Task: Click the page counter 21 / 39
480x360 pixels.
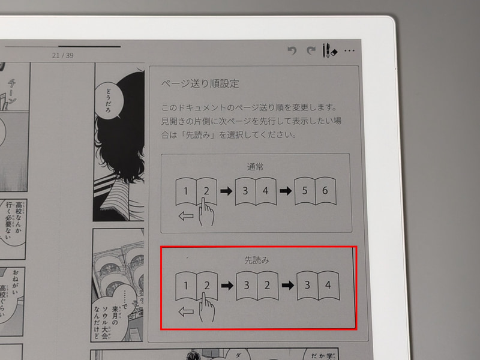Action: point(63,55)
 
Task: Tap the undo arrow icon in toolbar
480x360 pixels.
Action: point(292,51)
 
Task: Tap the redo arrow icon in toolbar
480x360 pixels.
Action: point(310,51)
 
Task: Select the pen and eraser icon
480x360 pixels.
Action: point(329,51)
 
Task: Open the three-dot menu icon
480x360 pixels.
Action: point(350,51)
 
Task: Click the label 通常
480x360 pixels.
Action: point(255,167)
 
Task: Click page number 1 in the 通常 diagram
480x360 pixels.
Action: point(186,191)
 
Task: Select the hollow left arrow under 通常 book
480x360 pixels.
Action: point(187,216)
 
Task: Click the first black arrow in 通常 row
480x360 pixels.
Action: point(226,191)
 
